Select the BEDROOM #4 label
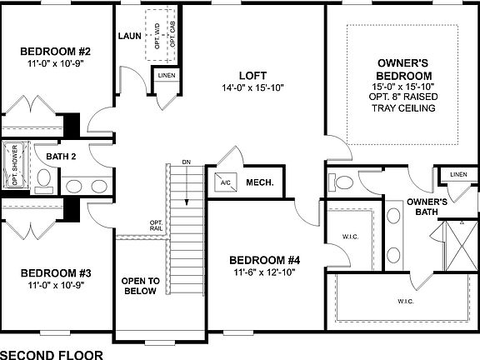tap(263, 259)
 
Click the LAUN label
tap(128, 36)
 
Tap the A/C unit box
tap(225, 182)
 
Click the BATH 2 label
tap(61, 156)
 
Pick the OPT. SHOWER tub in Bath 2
tap(14, 167)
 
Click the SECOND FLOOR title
tap(52, 353)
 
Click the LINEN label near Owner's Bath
tap(457, 174)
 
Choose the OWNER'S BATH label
tap(427, 207)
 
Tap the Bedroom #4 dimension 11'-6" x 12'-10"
tap(263, 272)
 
